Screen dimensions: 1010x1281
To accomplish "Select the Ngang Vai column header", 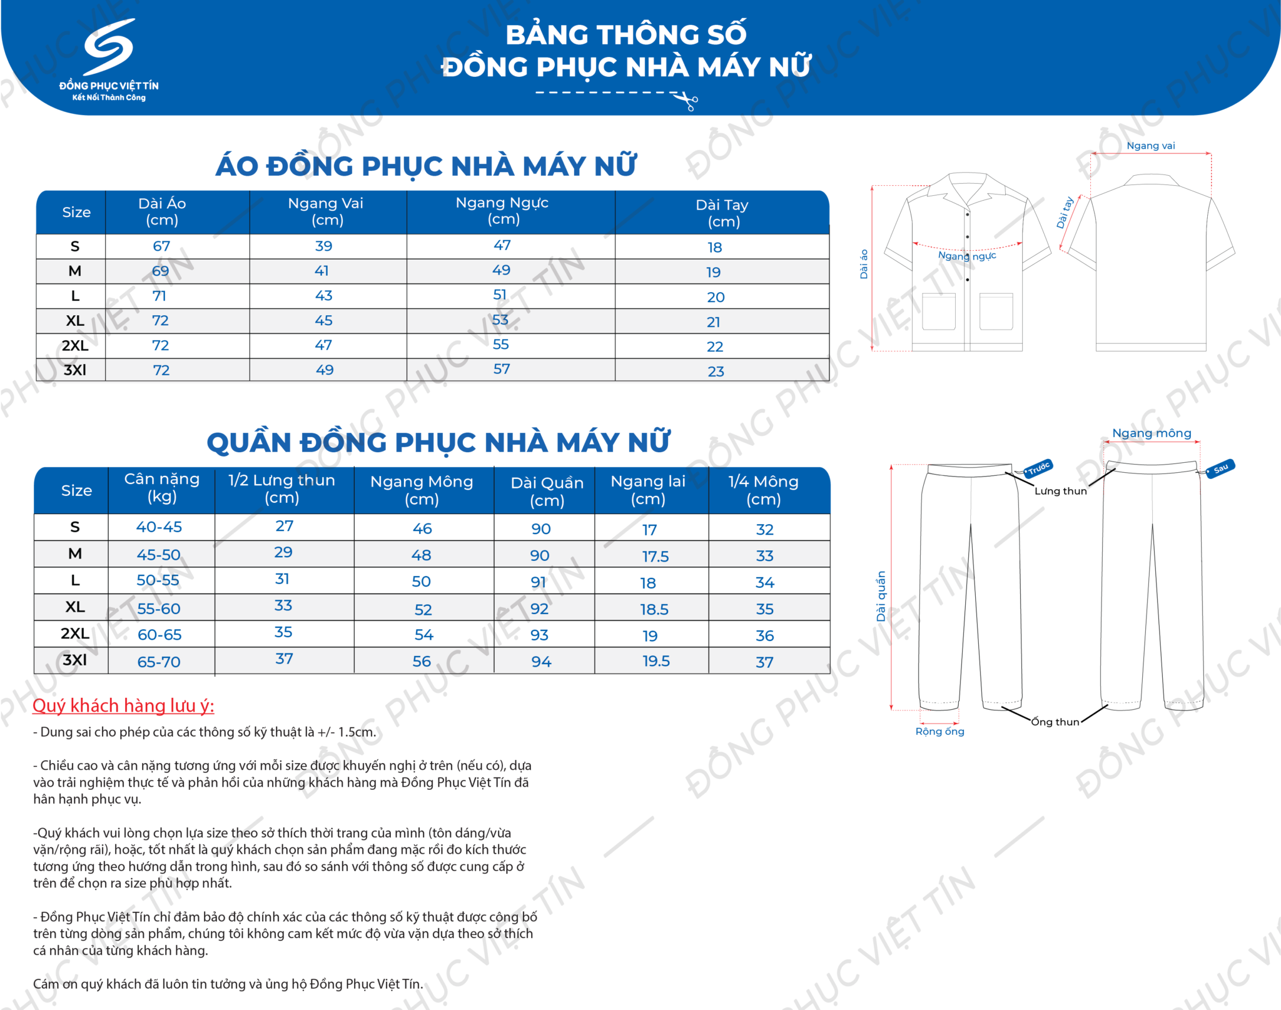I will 326,211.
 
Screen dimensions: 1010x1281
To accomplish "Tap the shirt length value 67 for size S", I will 161,246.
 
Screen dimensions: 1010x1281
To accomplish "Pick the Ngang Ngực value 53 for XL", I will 500,320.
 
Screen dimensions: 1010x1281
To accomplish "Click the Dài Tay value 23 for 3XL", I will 716,371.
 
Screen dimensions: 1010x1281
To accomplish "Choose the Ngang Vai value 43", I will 323,296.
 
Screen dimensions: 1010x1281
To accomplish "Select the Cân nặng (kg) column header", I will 161,488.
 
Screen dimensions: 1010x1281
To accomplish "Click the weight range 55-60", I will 159,609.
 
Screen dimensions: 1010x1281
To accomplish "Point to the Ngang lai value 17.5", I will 655,557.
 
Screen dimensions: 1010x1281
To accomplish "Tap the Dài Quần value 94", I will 541,662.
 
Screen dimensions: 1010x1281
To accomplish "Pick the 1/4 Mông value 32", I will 764,530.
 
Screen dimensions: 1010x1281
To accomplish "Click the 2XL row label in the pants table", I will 74,634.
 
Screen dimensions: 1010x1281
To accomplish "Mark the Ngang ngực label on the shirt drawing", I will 967,256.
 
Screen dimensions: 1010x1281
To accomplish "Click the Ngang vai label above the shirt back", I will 1150,146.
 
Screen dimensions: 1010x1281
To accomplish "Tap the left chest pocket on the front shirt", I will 938,311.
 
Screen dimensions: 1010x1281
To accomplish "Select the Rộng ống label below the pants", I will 939,732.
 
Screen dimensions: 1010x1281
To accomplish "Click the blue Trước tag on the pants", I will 1039,468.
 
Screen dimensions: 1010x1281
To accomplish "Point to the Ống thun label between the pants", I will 1055,722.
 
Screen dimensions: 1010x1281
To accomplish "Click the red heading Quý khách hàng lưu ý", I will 123,706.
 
